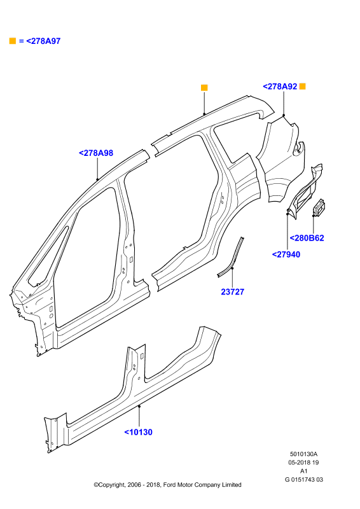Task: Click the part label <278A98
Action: [x=96, y=153]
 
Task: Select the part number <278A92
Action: [x=280, y=87]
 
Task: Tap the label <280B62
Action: [x=307, y=238]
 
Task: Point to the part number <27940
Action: [x=286, y=254]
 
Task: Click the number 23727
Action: [x=232, y=292]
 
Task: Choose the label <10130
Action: [x=138, y=432]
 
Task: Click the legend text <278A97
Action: [x=43, y=41]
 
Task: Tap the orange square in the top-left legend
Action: [x=13, y=41]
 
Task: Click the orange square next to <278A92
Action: [x=302, y=87]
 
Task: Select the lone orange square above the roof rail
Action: [x=204, y=88]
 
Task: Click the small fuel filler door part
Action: [x=319, y=207]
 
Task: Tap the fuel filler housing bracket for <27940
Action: [x=305, y=192]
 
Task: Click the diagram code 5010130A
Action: [x=304, y=454]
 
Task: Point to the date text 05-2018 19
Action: [x=304, y=463]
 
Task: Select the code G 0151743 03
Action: [x=304, y=480]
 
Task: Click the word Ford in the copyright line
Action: [x=169, y=485]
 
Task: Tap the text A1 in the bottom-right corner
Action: [x=304, y=471]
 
